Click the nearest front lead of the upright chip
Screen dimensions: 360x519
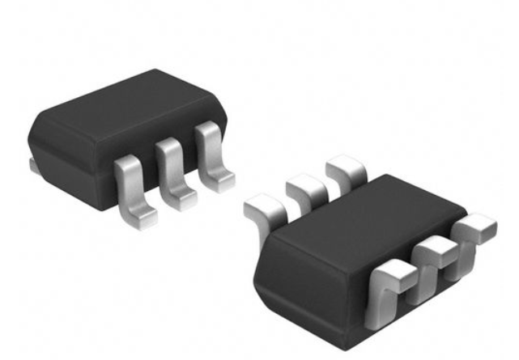click(x=132, y=186)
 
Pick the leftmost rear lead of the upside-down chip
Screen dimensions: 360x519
click(x=263, y=214)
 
